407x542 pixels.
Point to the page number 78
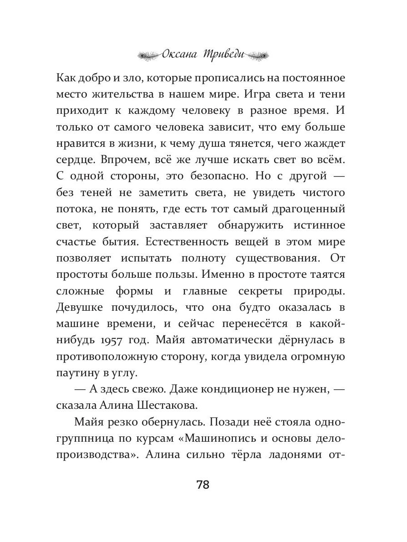[203, 485]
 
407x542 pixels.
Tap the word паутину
[80, 373]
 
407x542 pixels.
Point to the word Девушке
[79, 307]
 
